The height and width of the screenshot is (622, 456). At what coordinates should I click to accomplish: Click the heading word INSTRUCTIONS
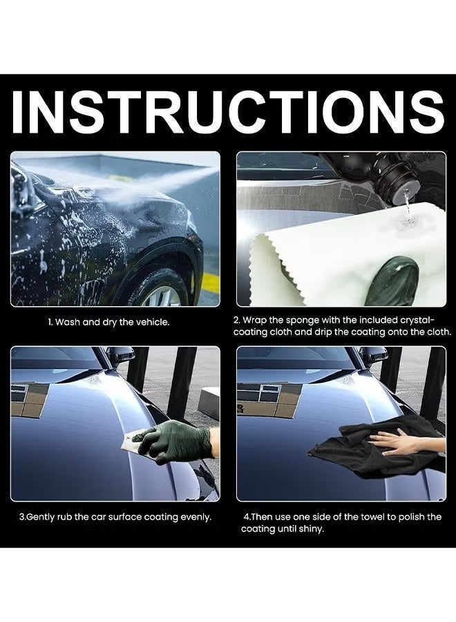228,111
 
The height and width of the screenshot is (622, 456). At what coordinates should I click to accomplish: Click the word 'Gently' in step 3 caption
44,516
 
